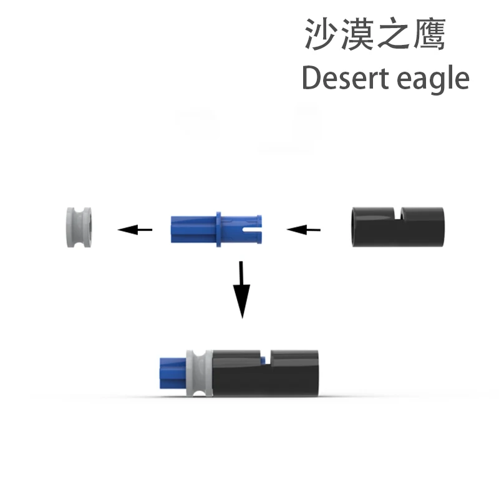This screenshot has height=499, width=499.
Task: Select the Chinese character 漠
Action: click(357, 34)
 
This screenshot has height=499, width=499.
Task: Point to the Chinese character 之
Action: click(393, 34)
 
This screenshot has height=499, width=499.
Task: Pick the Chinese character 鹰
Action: click(429, 34)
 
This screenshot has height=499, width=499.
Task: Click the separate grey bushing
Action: click(80, 227)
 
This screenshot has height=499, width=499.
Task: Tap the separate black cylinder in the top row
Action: click(395, 228)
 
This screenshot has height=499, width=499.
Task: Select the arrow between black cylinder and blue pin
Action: click(304, 230)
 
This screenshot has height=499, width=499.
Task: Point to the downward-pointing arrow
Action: click(242, 289)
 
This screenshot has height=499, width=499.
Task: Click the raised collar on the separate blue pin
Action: click(219, 228)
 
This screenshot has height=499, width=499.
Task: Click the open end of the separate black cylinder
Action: click(355, 227)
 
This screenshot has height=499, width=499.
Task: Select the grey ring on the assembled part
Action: click(199, 372)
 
